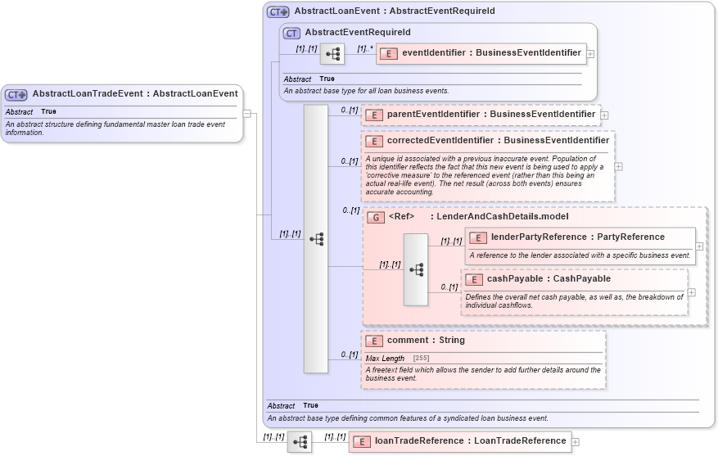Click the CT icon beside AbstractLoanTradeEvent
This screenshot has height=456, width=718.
[x=16, y=94]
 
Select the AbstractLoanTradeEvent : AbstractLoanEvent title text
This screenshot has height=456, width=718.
[x=135, y=93]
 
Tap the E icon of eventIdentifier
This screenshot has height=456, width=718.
[x=389, y=53]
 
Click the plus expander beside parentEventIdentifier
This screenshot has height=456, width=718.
[x=604, y=115]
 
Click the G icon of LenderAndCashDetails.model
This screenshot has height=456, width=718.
[x=375, y=217]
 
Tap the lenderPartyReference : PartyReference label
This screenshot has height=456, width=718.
[x=577, y=237]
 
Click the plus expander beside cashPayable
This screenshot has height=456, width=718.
[x=691, y=292]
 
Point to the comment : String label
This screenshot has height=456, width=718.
[x=426, y=341]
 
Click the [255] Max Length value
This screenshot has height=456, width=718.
[x=421, y=359]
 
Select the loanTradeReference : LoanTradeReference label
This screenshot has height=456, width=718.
[x=470, y=441]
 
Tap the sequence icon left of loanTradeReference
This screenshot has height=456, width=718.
[x=300, y=442]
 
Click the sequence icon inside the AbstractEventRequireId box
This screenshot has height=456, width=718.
[x=332, y=55]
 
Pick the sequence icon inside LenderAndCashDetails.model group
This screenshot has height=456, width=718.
[x=415, y=269]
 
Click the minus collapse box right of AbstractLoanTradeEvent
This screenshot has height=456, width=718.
[x=247, y=114]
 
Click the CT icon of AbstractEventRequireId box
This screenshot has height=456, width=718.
[x=291, y=33]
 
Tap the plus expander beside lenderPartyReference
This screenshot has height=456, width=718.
[x=699, y=245]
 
